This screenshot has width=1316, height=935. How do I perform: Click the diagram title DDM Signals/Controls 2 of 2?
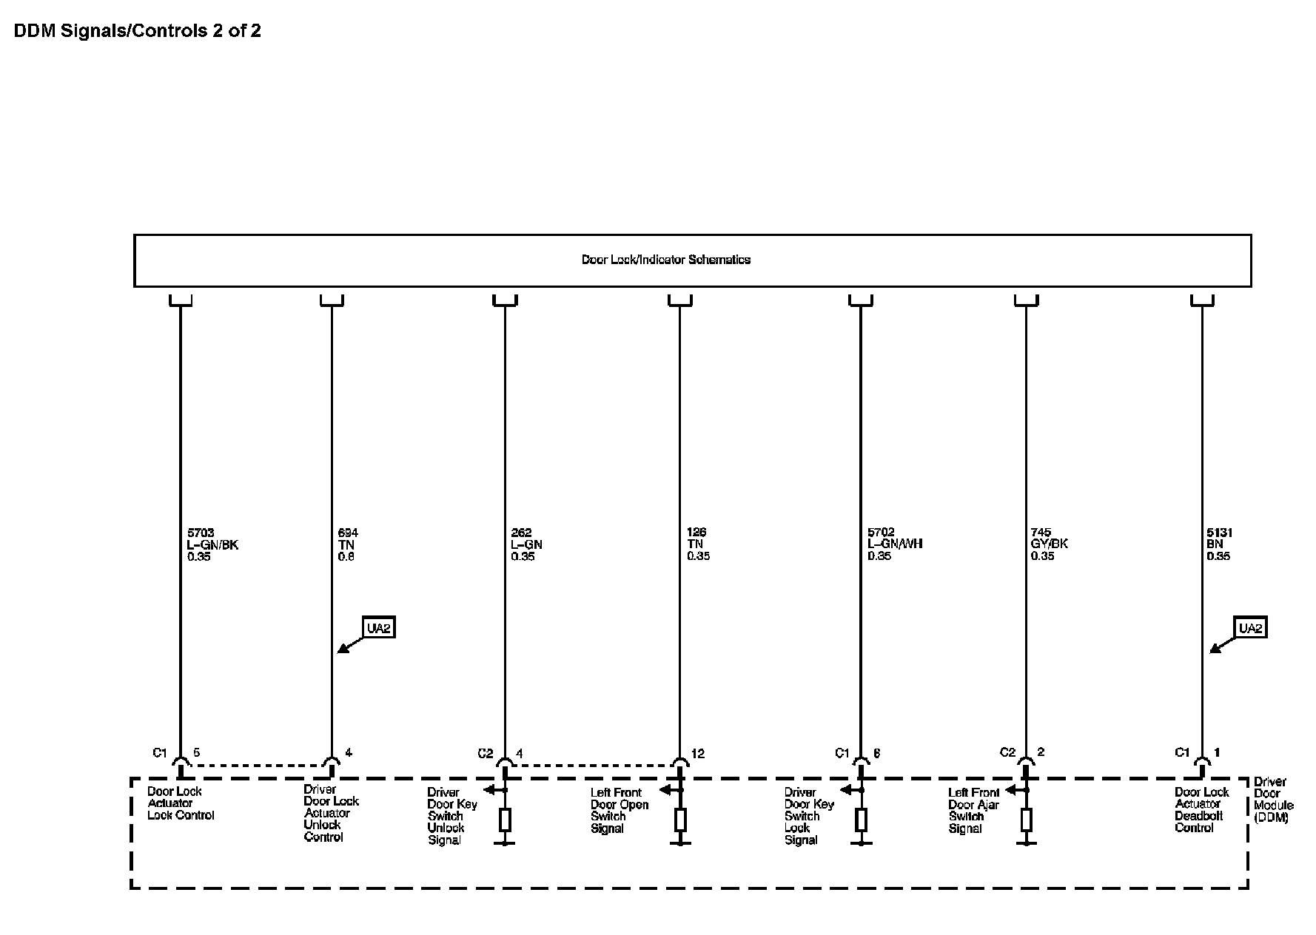click(137, 31)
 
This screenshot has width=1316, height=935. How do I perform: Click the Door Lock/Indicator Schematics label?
click(665, 260)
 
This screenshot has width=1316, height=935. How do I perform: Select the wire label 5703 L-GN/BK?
click(212, 544)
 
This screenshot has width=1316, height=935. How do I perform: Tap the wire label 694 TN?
click(347, 544)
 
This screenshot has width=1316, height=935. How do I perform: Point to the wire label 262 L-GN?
click(526, 544)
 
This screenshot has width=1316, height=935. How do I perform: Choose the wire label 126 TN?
click(698, 544)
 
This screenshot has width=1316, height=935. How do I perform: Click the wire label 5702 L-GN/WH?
click(895, 544)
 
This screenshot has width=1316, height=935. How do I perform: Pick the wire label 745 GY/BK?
click(1049, 544)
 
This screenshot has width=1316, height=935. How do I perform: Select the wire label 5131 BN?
click(1219, 544)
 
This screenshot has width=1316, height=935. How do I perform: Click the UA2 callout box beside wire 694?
click(378, 628)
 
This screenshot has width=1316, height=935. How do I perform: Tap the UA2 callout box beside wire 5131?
click(1250, 628)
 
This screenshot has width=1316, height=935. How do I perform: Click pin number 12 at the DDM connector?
click(698, 754)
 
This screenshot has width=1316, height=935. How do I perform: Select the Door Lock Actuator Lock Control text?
click(181, 803)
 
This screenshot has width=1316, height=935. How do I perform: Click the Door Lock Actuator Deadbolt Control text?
click(1201, 810)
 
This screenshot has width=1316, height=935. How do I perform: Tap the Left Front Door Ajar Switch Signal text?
click(973, 811)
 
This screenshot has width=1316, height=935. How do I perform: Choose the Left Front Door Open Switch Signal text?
click(619, 811)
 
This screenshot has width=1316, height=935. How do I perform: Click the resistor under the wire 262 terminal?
click(506, 820)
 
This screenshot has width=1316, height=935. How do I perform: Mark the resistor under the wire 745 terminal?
click(1026, 820)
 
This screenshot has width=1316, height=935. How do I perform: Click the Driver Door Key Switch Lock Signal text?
click(808, 816)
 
